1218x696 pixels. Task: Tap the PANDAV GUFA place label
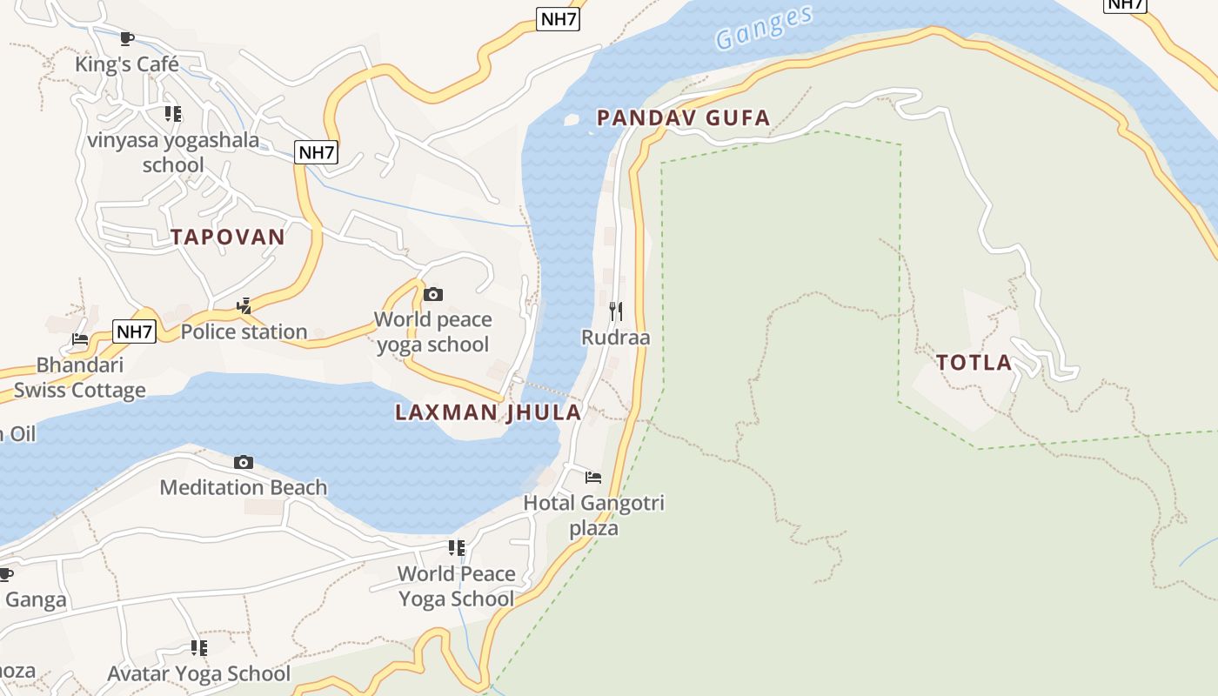click(684, 118)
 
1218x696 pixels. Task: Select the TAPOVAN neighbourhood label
click(228, 237)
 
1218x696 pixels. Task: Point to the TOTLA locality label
click(974, 363)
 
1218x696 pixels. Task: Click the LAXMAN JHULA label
click(488, 412)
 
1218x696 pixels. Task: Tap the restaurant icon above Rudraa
click(616, 310)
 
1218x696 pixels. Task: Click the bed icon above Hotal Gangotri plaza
click(593, 477)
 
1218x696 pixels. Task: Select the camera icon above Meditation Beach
click(244, 462)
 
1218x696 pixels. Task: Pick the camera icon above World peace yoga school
click(432, 294)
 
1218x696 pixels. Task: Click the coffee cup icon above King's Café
click(126, 38)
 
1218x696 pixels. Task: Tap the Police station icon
click(244, 305)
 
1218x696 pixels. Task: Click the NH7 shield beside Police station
click(135, 331)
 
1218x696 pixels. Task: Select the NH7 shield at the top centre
click(558, 19)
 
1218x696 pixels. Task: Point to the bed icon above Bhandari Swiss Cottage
click(80, 338)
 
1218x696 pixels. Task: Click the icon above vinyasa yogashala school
click(173, 113)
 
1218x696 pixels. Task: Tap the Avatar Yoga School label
click(198, 673)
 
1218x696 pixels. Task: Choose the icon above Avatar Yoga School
click(199, 647)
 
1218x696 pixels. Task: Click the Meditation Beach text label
click(244, 487)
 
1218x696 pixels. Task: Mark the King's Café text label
click(127, 64)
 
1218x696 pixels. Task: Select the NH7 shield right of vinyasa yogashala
click(316, 152)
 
